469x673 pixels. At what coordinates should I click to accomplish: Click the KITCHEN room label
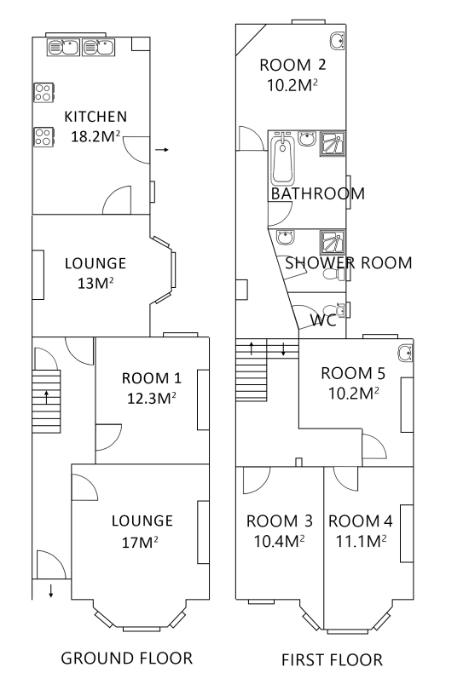[96, 117]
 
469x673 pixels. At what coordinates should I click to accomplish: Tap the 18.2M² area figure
[96, 136]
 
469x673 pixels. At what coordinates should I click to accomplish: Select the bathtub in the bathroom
[282, 158]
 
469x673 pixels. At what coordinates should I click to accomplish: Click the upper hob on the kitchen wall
[43, 92]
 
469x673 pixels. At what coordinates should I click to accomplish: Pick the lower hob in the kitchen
[43, 137]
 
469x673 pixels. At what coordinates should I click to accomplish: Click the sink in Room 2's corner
[337, 41]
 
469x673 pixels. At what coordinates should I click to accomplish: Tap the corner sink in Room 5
[405, 353]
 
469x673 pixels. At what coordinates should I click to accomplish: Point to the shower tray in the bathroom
[332, 144]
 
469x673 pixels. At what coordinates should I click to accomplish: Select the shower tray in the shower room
[332, 243]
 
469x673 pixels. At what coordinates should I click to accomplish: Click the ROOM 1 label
[152, 378]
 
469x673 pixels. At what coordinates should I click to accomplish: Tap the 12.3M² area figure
[152, 398]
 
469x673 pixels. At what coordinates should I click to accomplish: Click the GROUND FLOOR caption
[127, 658]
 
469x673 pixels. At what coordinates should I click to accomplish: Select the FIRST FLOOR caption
[332, 659]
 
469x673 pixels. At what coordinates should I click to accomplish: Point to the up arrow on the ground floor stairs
[46, 397]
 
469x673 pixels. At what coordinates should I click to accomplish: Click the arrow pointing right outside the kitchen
[161, 150]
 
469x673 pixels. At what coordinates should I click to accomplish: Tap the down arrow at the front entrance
[50, 590]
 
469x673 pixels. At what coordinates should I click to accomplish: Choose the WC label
[323, 319]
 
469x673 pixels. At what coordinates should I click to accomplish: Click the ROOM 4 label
[361, 521]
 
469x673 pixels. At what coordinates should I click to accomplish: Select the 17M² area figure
[140, 542]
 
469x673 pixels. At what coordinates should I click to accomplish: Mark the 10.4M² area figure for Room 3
[279, 541]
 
